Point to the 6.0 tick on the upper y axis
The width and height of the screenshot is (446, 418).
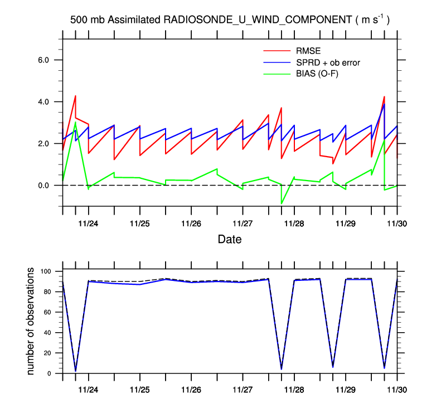tap(43, 60)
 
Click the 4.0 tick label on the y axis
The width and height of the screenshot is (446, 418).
tap(43, 102)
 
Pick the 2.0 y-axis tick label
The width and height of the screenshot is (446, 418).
tap(43, 144)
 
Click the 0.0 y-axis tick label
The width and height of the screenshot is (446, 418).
tap(43, 186)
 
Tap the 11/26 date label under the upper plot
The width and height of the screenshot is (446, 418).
tap(191, 222)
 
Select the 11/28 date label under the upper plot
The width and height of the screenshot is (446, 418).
tap(294, 222)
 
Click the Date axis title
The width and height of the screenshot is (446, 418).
tap(229, 240)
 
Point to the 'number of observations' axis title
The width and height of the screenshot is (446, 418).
tap(32, 322)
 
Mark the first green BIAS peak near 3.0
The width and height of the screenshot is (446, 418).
tap(75, 122)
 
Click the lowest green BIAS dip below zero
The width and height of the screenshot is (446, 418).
tap(282, 203)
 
